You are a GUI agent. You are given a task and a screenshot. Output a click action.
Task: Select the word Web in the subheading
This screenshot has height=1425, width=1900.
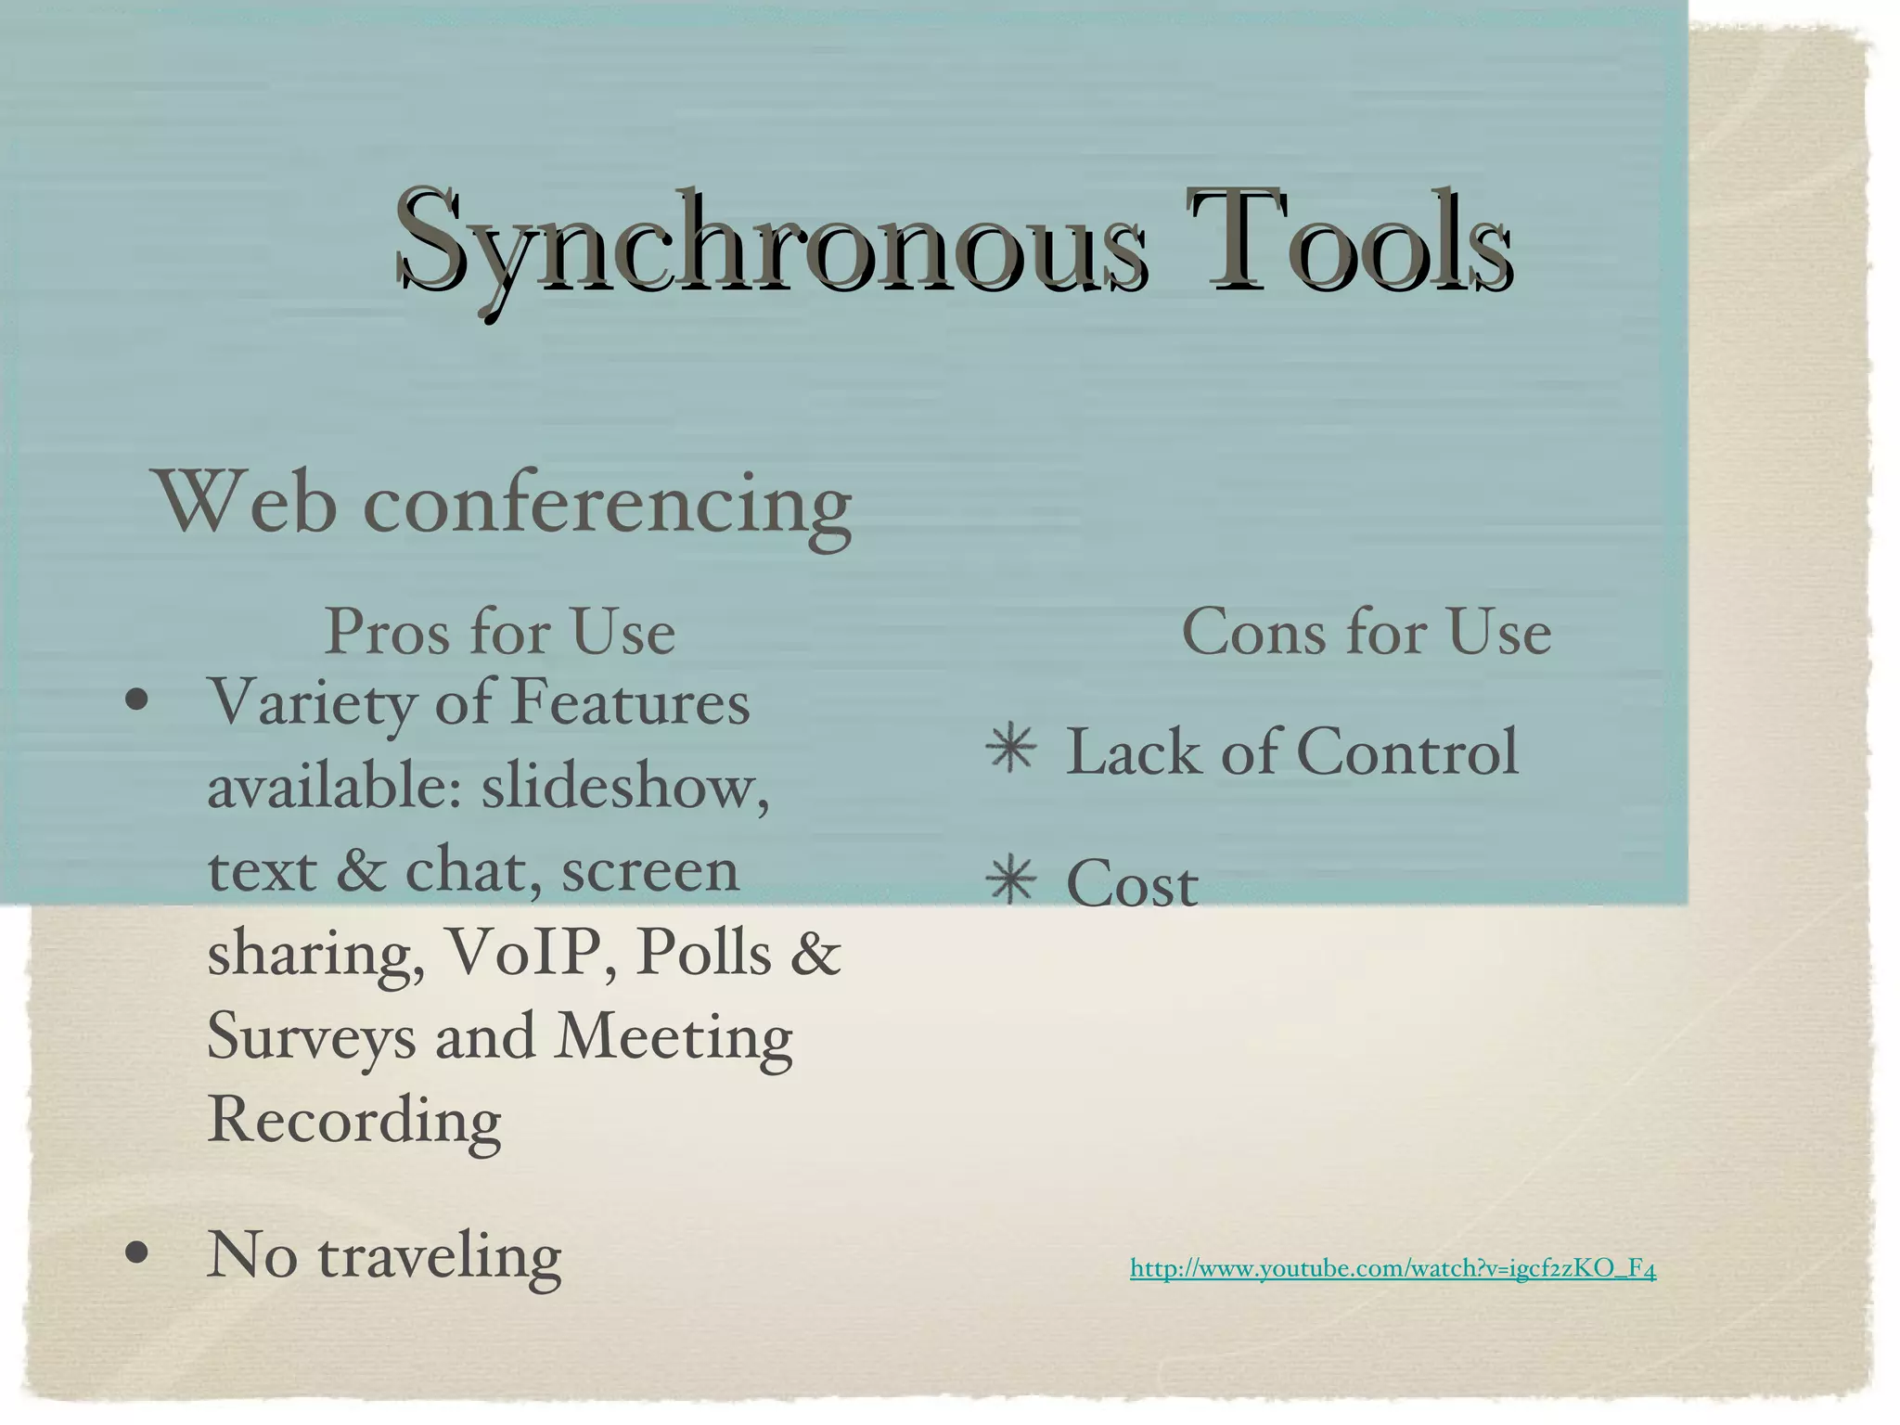tap(247, 503)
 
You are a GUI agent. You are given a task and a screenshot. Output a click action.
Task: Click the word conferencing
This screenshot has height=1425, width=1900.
tap(608, 508)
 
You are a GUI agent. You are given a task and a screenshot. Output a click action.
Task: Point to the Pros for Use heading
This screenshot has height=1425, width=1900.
tap(500, 633)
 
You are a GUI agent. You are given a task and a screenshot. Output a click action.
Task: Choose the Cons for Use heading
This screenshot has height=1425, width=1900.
tap(1366, 633)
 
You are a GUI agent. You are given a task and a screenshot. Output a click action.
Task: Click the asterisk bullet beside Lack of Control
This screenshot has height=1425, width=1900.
tap(1011, 751)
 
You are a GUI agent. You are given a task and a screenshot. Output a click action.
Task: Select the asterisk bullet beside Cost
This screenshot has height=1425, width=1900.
tap(1011, 881)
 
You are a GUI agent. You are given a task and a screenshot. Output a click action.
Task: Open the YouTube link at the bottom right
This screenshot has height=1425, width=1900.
tap(1393, 1268)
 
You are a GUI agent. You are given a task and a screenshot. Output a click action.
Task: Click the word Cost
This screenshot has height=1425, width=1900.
tap(1132, 884)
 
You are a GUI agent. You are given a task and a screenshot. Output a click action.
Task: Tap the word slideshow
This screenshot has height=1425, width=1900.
tap(624, 787)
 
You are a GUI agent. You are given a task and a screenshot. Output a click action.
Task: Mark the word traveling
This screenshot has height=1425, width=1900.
tap(439, 1257)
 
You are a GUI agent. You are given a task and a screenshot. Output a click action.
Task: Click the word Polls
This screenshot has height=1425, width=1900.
tap(703, 953)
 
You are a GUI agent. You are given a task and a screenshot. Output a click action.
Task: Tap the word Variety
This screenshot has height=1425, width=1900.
tap(313, 703)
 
